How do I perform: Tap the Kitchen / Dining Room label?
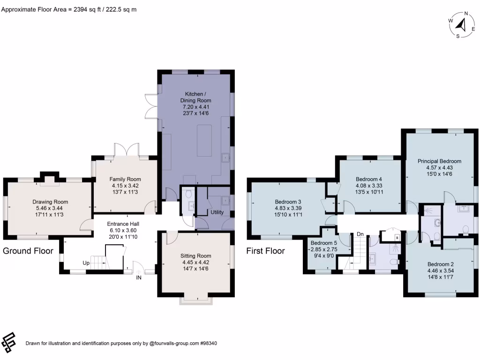coord(195,97)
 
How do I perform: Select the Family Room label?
coord(125,179)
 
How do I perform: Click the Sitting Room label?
coord(196,256)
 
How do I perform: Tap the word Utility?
coord(217,212)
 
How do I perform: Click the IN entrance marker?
coord(139,277)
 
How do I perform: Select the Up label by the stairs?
coord(86,263)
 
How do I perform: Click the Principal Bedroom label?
coord(439,161)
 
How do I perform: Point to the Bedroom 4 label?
coord(369,179)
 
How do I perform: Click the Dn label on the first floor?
coord(360,234)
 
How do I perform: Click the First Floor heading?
coord(265,251)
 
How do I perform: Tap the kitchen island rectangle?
coord(205,140)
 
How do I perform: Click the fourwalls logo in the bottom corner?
coord(9,342)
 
